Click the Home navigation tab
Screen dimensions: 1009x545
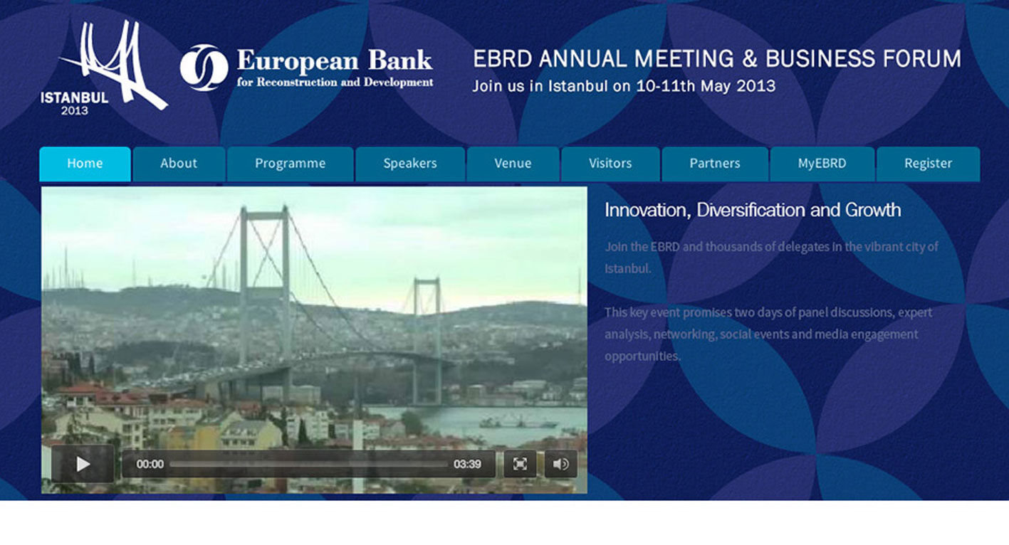click(x=85, y=164)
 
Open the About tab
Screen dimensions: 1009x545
click(x=179, y=164)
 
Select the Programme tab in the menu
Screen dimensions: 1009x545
click(x=290, y=164)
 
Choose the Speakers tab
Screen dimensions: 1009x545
click(x=410, y=164)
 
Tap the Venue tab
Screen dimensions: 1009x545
click(x=513, y=164)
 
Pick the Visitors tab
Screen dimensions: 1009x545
click(x=610, y=164)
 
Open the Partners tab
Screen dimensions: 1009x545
click(x=715, y=164)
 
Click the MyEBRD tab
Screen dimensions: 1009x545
click(x=822, y=164)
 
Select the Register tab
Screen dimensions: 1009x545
click(x=928, y=164)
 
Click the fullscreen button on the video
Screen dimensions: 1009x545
click(x=520, y=464)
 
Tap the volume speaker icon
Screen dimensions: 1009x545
click(x=561, y=464)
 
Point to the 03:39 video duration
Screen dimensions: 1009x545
click(x=467, y=464)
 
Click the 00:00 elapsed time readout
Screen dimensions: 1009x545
click(x=150, y=464)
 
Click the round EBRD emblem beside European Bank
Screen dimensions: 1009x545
click(x=204, y=68)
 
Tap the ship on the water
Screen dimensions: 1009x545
click(x=518, y=422)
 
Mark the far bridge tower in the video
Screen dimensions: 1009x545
click(x=427, y=341)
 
